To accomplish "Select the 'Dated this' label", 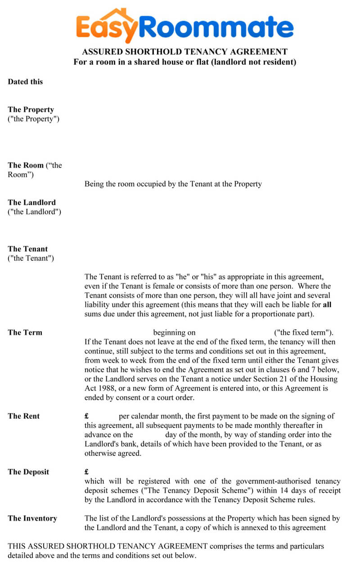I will click(x=25, y=81).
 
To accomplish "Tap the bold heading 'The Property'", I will click(x=31, y=109).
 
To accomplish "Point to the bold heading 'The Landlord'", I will click(x=31, y=202).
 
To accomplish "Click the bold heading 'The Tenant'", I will click(x=27, y=249).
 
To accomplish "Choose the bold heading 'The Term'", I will click(x=25, y=333).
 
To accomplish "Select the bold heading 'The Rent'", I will click(x=23, y=416).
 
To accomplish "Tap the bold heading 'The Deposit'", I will click(x=28, y=472).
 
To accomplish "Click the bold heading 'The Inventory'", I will click(x=32, y=518).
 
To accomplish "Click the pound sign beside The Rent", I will click(x=86, y=416).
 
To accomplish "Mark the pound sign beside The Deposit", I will click(x=86, y=472).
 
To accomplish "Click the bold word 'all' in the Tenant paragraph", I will click(x=327, y=305).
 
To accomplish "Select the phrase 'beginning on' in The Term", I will click(x=175, y=333).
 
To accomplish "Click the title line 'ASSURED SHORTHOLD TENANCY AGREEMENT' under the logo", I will click(x=184, y=52).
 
